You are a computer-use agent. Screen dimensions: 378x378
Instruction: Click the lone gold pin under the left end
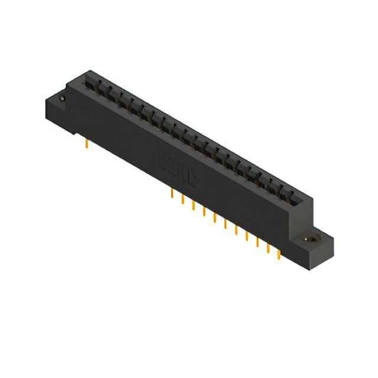pos(87,144)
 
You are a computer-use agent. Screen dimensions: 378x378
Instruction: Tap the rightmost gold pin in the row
pos(278,253)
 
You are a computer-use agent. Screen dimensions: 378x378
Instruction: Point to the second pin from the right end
pos(268,247)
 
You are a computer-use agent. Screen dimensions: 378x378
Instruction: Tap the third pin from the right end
pos(257,242)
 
